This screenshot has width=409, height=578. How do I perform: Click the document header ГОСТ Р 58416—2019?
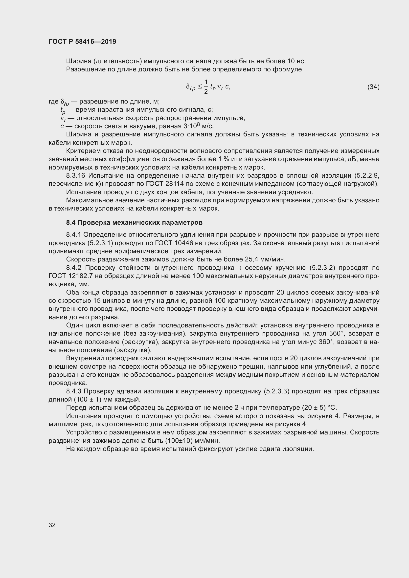[x=82, y=42]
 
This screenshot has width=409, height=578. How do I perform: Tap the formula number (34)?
[x=373, y=87]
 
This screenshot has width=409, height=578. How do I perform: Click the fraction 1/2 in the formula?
[x=206, y=86]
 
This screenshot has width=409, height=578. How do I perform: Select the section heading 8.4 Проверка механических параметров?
[x=134, y=223]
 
